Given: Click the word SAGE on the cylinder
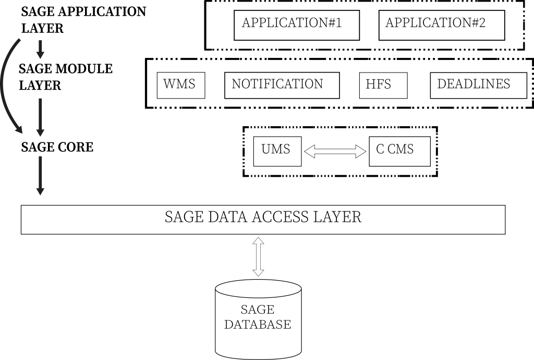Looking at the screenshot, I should point(257,310).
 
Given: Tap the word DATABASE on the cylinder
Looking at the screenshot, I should point(257,325).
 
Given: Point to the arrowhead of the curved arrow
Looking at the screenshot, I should point(19,129).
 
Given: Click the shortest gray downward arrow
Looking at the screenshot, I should point(40,49).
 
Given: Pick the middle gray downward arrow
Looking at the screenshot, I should point(40,117).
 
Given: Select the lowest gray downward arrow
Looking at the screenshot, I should point(40,175).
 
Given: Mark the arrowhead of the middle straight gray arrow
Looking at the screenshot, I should point(40,133).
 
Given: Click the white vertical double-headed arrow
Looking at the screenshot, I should point(258,257).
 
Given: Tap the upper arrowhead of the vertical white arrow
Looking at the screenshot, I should point(258,241).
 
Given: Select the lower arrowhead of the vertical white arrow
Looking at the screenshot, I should point(258,272).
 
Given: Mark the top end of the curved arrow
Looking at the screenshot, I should point(19,40).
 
